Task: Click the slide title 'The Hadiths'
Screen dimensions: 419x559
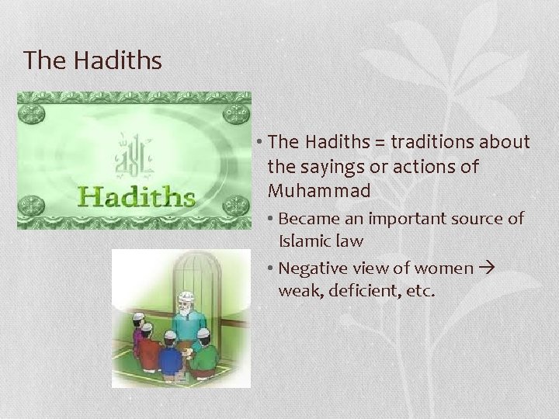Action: [92, 60]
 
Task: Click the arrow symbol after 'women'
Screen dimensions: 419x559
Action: [487, 268]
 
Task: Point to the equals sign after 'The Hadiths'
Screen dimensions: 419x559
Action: [377, 143]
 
